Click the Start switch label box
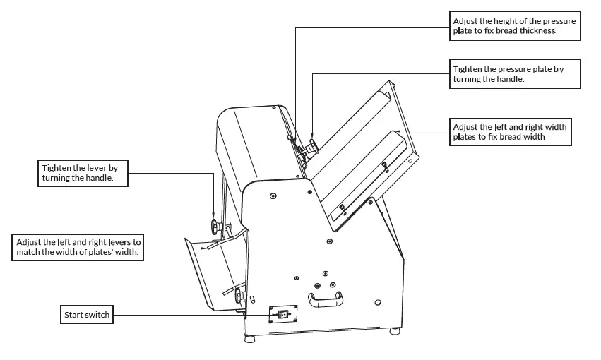(x=87, y=315)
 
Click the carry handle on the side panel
(x=326, y=301)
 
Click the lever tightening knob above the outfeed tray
(x=215, y=227)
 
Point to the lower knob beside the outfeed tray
(x=242, y=296)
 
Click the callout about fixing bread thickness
(x=514, y=26)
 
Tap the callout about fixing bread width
(x=510, y=132)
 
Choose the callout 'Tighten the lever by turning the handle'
(x=83, y=174)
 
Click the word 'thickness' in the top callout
(x=538, y=31)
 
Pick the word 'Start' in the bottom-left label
(x=73, y=315)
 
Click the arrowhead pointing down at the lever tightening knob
(x=214, y=216)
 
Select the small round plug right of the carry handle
(x=379, y=301)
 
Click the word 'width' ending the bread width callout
(x=533, y=137)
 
